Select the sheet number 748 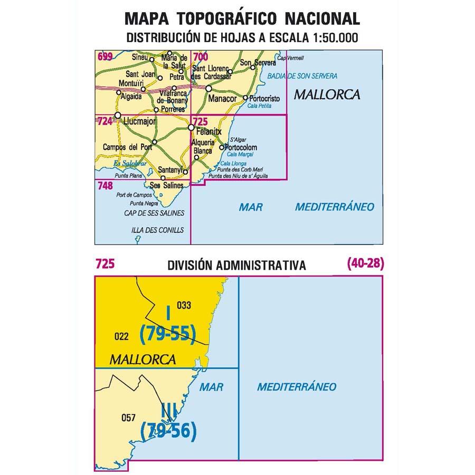[106, 185]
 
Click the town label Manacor [222, 99]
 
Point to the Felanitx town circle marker [191, 128]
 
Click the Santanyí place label [170, 170]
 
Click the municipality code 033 [183, 305]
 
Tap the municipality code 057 [128, 418]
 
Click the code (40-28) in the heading [366, 264]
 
